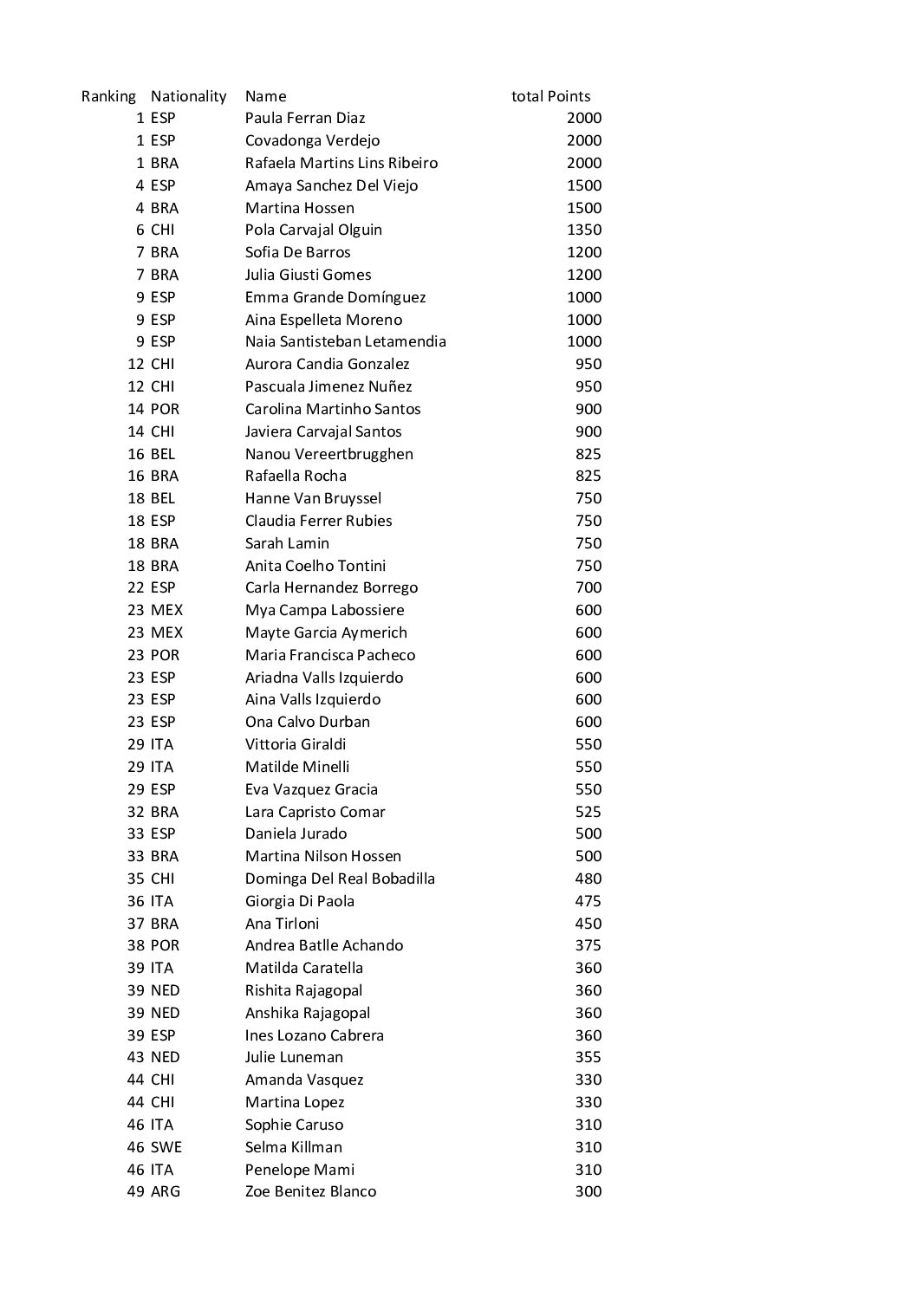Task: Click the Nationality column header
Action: point(188,96)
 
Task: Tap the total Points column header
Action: point(550,96)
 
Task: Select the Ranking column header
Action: point(108,96)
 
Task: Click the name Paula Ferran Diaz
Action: point(305,118)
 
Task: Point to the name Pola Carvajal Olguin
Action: point(313,230)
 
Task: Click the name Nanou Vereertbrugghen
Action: point(328,454)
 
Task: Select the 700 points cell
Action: point(588,587)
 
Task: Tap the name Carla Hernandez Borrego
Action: point(331,587)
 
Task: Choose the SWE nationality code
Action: point(166,1147)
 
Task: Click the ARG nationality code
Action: point(166,1191)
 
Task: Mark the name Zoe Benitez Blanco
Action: point(310,1191)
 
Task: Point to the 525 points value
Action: point(588,812)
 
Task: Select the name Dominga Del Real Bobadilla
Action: point(340,879)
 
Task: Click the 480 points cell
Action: point(588,879)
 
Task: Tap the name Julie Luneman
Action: point(294,1057)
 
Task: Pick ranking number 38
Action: point(135,945)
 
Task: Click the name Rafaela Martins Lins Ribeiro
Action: point(341,163)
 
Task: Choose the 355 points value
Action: point(588,1057)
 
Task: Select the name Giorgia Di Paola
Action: point(299,901)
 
